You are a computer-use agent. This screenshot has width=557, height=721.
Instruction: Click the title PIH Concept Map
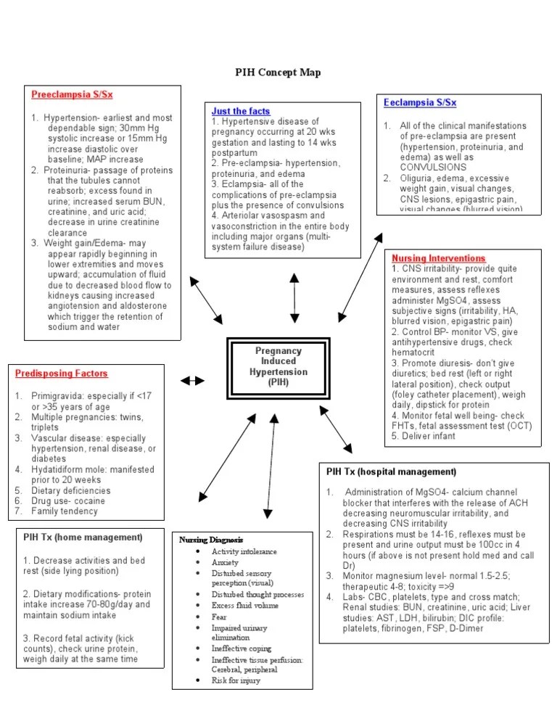(x=278, y=73)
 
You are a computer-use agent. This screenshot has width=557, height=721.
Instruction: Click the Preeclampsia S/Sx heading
(x=72, y=94)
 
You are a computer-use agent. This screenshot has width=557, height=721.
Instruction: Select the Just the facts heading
(x=241, y=111)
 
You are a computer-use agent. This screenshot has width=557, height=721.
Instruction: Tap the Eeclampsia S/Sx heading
(x=420, y=103)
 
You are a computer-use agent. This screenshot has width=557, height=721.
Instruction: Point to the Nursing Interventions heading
(x=438, y=258)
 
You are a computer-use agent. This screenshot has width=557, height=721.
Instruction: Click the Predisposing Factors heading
(x=62, y=374)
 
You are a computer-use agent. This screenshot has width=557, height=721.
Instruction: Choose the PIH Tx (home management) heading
(x=82, y=537)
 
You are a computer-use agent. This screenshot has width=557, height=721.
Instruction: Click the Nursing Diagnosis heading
(x=211, y=540)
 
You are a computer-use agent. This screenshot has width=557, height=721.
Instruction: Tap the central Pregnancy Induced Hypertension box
(x=278, y=366)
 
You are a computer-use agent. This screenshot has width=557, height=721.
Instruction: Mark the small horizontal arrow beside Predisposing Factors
(x=192, y=380)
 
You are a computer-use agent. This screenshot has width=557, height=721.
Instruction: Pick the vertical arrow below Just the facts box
(x=294, y=297)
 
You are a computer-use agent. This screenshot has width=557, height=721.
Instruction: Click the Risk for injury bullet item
(x=236, y=680)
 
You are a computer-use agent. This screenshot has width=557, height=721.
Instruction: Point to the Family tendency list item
(x=64, y=511)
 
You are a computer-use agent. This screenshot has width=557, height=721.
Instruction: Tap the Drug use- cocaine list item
(x=68, y=500)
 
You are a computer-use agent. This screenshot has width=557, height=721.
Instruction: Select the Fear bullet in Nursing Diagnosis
(x=219, y=617)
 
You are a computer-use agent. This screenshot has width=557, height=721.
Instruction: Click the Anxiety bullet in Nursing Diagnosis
(x=225, y=562)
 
